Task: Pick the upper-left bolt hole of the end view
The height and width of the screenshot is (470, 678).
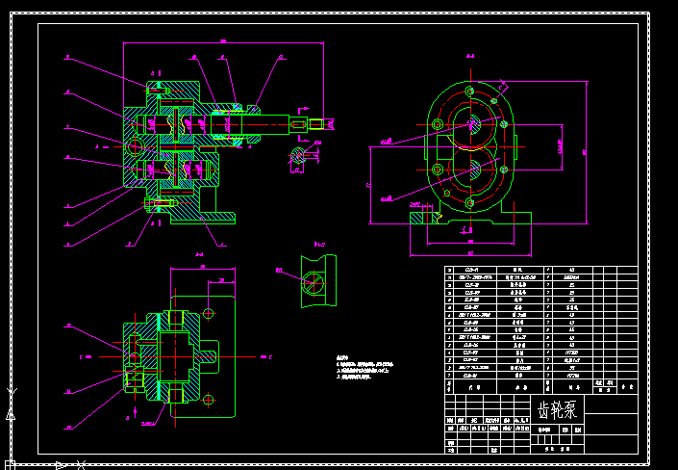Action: click(439, 123)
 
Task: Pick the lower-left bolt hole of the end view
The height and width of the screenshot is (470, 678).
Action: click(439, 170)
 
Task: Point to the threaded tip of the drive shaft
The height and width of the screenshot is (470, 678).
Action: click(317, 122)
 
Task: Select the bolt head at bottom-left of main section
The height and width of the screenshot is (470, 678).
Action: click(150, 205)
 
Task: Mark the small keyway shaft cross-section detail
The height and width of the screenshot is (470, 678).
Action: click(298, 157)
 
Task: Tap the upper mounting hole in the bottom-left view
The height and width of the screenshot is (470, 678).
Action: click(210, 314)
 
